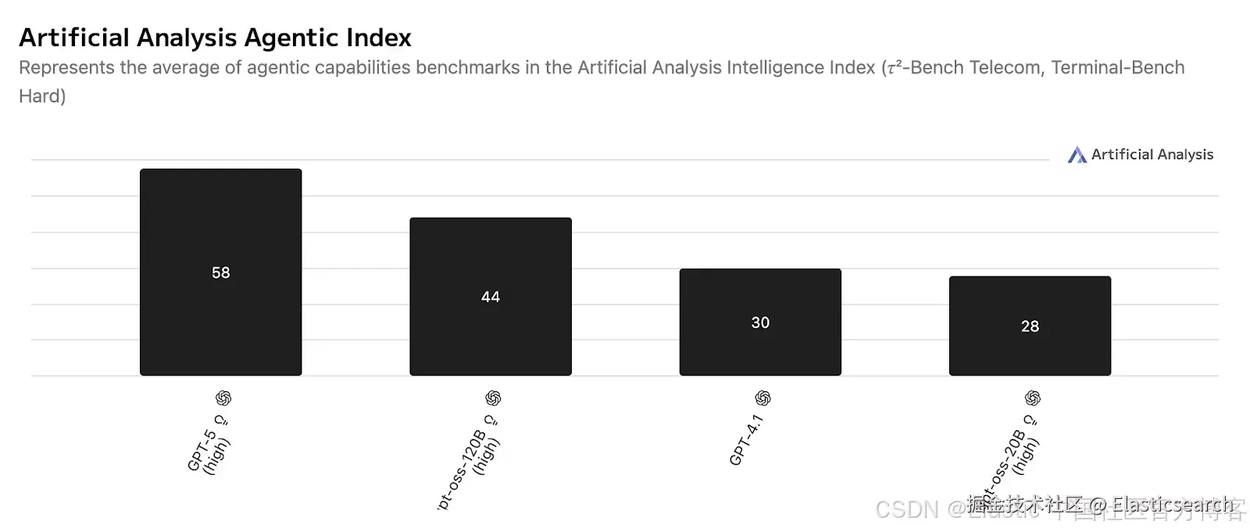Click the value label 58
(221, 273)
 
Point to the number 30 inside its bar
(760, 323)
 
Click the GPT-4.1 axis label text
(746, 441)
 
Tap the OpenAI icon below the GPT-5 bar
(223, 398)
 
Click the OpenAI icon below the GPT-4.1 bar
(763, 398)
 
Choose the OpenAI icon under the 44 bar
(493, 398)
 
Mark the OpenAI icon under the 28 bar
(1033, 398)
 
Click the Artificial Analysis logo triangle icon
(1077, 155)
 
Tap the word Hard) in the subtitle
(42, 96)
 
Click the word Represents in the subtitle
(66, 68)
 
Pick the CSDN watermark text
(906, 509)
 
